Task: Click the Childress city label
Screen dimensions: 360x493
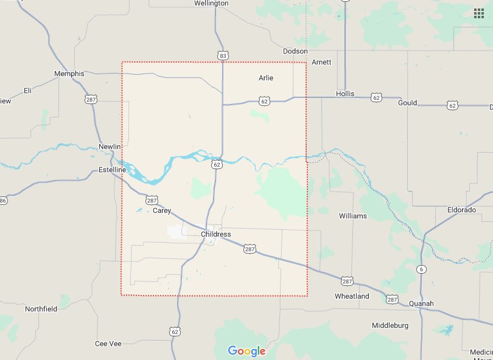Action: tap(215, 234)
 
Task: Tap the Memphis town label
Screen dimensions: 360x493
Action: tap(69, 74)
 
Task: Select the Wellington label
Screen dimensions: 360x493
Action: tap(211, 4)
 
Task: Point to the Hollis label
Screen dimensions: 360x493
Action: tap(345, 94)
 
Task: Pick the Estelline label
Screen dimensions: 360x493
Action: tap(113, 170)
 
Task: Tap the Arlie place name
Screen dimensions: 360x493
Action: tap(266, 78)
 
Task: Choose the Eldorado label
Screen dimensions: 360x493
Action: tap(461, 210)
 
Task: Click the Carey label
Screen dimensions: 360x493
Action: tap(162, 210)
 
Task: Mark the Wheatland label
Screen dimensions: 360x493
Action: tap(352, 296)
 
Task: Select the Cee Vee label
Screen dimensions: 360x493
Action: tap(108, 344)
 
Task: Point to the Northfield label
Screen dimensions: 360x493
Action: tap(41, 309)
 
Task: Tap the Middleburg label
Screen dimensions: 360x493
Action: tap(390, 326)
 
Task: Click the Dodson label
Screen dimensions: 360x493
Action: tap(295, 52)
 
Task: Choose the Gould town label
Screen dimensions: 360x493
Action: tap(407, 103)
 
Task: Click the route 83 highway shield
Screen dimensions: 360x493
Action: tap(223, 56)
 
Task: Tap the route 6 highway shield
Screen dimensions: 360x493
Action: tap(421, 269)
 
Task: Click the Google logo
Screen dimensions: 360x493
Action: tap(246, 351)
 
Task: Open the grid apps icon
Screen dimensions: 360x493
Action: tap(479, 13)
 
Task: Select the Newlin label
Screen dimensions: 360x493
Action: tap(110, 147)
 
